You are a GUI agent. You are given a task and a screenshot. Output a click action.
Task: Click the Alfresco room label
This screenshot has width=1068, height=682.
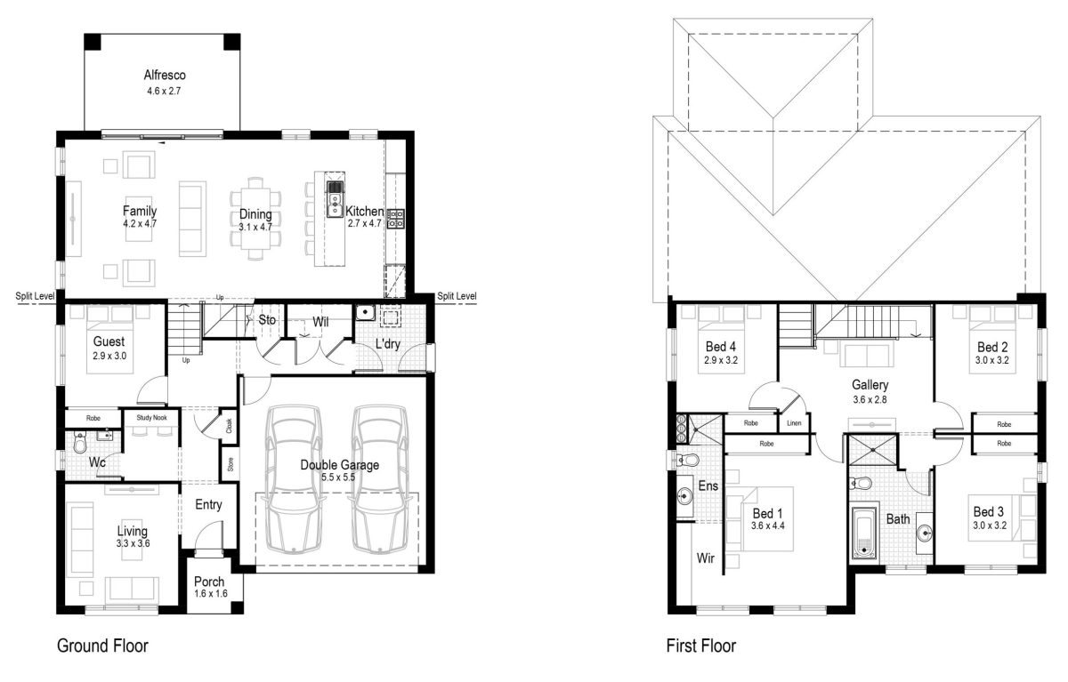[x=165, y=76]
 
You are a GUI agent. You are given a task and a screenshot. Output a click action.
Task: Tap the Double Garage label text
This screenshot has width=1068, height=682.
[x=339, y=465]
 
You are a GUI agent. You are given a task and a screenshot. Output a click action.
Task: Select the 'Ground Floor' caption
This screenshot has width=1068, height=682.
[x=102, y=646]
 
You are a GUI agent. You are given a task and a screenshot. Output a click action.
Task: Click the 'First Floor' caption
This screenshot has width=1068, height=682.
[x=701, y=646]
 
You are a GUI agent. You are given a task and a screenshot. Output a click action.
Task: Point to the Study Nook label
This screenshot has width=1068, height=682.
[x=151, y=418]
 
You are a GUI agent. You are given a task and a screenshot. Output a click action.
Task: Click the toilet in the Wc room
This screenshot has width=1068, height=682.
[x=80, y=443]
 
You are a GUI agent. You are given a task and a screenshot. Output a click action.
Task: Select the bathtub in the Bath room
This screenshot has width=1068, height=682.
[x=864, y=533]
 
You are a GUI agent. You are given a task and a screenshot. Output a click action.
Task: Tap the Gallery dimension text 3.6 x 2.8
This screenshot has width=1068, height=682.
[x=870, y=399]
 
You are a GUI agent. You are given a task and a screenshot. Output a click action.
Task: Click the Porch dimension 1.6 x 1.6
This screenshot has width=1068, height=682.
[x=211, y=593]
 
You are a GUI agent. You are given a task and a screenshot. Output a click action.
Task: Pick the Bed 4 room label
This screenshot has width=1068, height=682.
[x=720, y=347]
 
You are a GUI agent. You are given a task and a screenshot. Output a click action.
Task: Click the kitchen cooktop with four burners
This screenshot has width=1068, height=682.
[x=395, y=219]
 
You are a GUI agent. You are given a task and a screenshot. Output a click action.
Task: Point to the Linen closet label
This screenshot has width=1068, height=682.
[x=794, y=423]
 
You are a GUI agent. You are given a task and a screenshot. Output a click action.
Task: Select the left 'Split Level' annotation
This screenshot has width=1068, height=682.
[x=35, y=296]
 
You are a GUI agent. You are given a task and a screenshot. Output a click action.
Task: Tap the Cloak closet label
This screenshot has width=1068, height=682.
[x=229, y=425]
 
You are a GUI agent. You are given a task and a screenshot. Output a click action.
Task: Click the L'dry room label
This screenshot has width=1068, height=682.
[x=388, y=344]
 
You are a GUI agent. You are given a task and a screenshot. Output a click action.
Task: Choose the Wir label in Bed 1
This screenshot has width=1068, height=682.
[x=705, y=558]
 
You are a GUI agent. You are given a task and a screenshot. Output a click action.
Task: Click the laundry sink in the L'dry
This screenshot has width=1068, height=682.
[x=365, y=312]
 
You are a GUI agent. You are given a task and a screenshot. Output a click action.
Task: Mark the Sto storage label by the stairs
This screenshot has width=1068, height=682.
[x=267, y=319]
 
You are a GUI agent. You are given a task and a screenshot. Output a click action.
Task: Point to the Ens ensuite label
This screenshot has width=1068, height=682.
[x=708, y=485]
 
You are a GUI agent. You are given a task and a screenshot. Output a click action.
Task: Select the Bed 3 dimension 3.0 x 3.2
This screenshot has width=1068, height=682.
[x=990, y=526]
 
